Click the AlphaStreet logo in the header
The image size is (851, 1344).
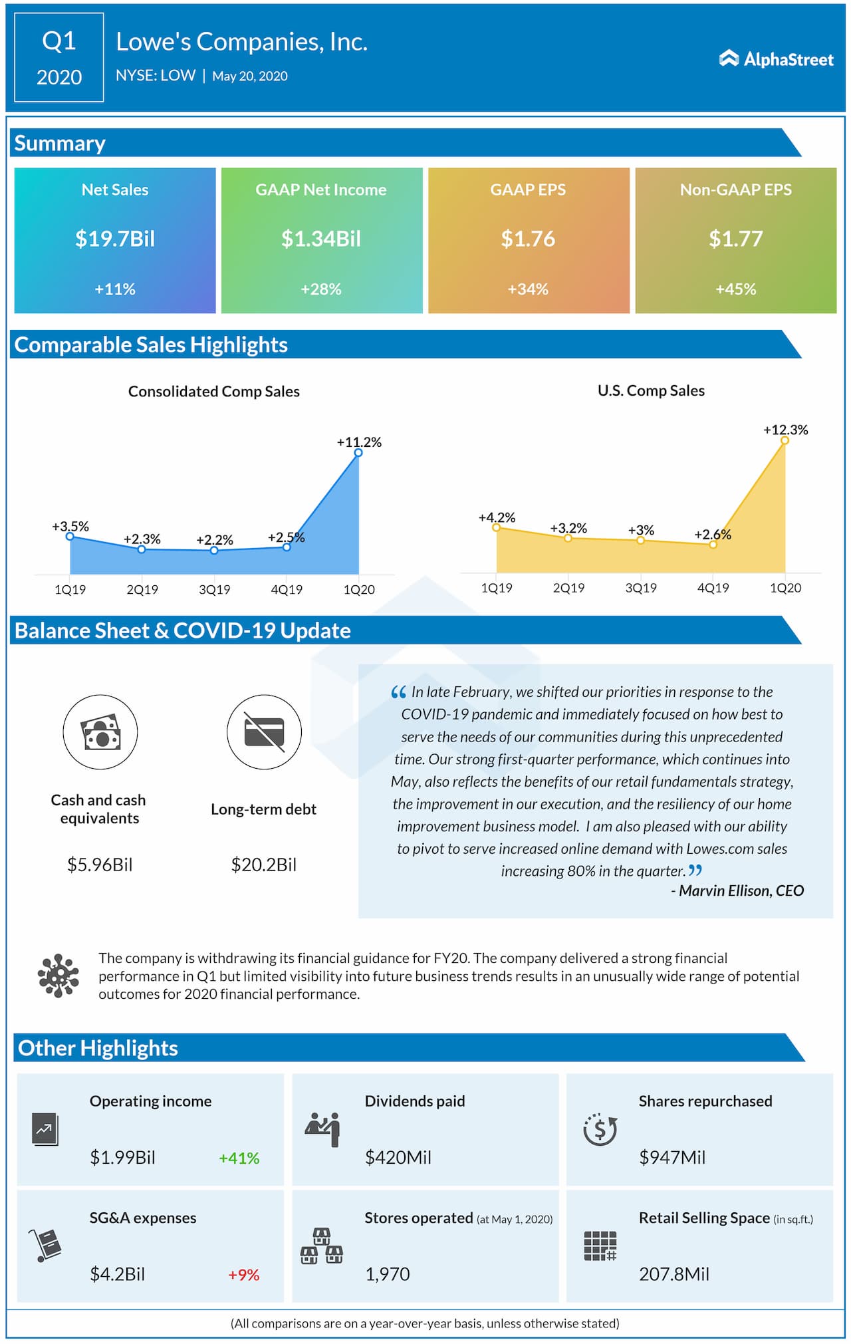[x=776, y=59]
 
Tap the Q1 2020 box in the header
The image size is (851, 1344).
[x=59, y=58]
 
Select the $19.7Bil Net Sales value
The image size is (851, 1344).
[x=115, y=239]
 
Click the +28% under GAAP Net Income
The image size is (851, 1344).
[x=321, y=289]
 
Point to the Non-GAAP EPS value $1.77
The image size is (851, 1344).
[x=735, y=239]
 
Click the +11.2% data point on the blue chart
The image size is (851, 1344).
[x=358, y=453]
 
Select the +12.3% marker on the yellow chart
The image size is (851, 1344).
[x=785, y=440]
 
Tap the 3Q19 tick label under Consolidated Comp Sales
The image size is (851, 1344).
[x=214, y=589]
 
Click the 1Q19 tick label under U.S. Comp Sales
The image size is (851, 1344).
[x=497, y=588]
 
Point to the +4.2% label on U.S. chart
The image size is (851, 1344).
[x=497, y=517]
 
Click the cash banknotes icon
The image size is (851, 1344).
[x=100, y=732]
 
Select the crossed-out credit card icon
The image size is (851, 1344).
[x=264, y=732]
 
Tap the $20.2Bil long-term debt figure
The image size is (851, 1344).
[x=264, y=865]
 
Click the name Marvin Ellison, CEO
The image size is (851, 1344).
[x=741, y=890]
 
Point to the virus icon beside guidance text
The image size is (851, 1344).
[x=59, y=976]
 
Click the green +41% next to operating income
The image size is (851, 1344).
[x=239, y=1158]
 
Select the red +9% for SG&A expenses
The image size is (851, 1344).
[x=243, y=1274]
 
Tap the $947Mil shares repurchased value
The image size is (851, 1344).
[x=672, y=1157]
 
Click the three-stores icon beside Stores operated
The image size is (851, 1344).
[x=322, y=1246]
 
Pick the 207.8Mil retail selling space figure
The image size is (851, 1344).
[x=674, y=1274]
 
